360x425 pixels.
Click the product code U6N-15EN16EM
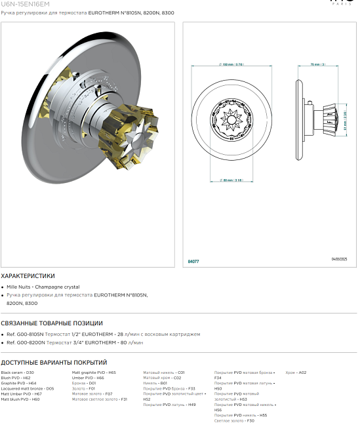tap(25, 4)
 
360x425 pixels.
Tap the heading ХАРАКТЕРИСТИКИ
tap(28, 276)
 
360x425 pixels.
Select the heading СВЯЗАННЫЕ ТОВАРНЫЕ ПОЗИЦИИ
tap(52, 323)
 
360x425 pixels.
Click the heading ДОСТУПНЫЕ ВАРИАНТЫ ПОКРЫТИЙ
tap(54, 362)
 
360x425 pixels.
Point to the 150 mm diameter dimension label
tap(231, 64)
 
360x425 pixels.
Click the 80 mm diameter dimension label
tap(231, 180)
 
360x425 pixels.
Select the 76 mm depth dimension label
tap(317, 64)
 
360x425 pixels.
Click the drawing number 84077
tap(193, 261)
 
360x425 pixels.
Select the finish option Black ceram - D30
tap(18, 372)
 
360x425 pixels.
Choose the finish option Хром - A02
tap(296, 372)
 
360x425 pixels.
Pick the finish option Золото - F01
tap(83, 388)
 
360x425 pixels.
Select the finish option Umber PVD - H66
tap(88, 378)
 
